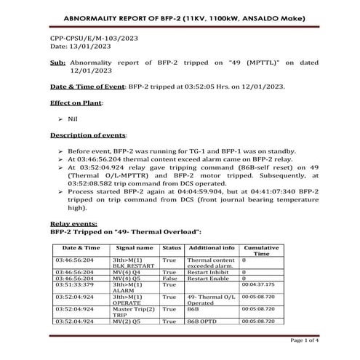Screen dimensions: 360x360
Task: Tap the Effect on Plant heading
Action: tap(76, 103)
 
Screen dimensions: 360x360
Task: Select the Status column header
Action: tap(172, 248)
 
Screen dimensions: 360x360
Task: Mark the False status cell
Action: tap(171, 277)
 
